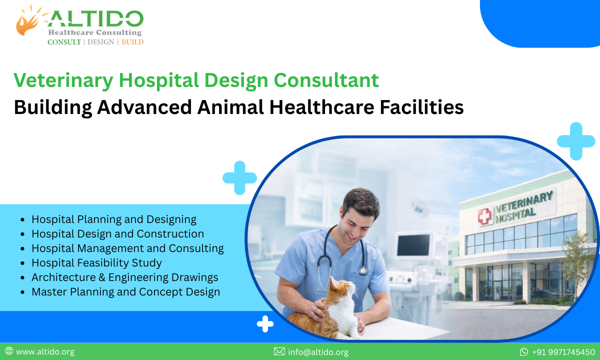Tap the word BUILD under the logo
(132, 42)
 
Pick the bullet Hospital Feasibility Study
(96, 262)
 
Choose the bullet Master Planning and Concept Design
(125, 291)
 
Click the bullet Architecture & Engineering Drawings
(124, 277)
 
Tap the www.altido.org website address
(45, 352)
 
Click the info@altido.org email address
(318, 352)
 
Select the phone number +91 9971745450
(563, 352)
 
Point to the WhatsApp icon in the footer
(524, 352)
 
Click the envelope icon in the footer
(279, 352)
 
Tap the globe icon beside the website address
(9, 352)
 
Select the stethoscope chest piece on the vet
(362, 270)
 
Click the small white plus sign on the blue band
(265, 324)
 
